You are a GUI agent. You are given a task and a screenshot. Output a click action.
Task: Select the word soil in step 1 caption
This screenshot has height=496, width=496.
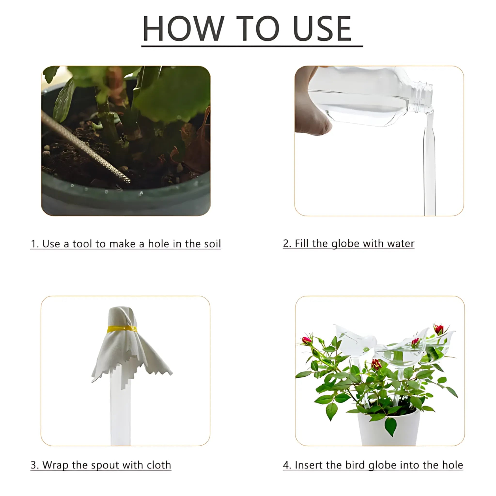click(212, 244)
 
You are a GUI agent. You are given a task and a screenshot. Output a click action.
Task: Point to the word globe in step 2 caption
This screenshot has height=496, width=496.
click(345, 244)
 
